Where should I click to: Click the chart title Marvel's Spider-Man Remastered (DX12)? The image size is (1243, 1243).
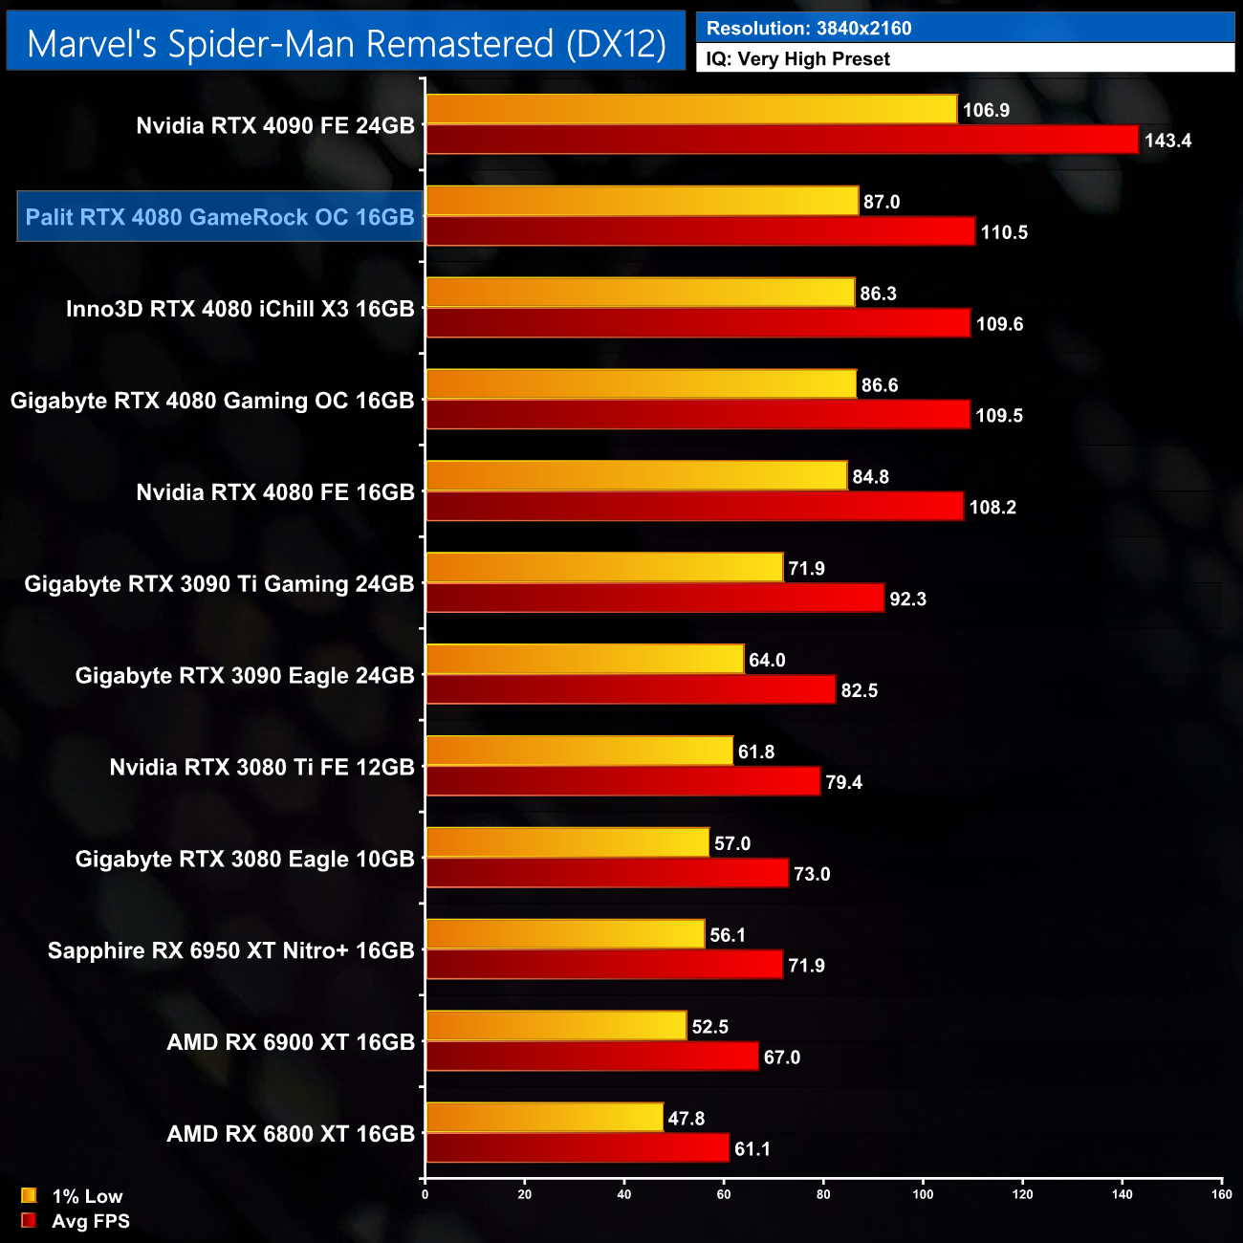pos(346,43)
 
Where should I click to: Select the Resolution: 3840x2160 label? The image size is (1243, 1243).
pos(809,28)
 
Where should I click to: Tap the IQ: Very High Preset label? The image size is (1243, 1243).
pos(797,59)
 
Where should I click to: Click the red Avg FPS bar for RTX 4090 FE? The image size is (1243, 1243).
pos(782,140)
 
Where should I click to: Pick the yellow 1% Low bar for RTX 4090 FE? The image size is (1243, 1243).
pos(690,109)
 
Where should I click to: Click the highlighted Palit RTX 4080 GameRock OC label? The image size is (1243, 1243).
pos(220,217)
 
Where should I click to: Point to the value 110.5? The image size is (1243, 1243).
pos(1004,232)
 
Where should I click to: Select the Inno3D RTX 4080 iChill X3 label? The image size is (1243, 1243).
pos(240,309)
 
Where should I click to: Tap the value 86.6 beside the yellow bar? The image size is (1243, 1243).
pos(880,385)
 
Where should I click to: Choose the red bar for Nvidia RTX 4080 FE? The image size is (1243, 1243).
pos(694,507)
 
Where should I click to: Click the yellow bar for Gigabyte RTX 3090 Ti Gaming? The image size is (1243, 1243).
pos(604,568)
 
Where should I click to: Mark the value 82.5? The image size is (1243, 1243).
pos(859,690)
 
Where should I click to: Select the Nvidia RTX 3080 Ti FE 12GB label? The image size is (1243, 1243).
pos(262,768)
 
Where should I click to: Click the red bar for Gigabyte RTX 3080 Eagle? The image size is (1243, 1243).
pos(606,873)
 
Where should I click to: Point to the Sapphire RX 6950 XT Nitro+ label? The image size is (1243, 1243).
pos(231,950)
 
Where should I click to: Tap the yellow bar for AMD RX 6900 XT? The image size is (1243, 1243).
pos(556,1026)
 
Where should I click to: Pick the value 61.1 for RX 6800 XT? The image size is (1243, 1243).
pos(752,1149)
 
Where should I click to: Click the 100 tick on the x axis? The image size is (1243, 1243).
pos(923,1194)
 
